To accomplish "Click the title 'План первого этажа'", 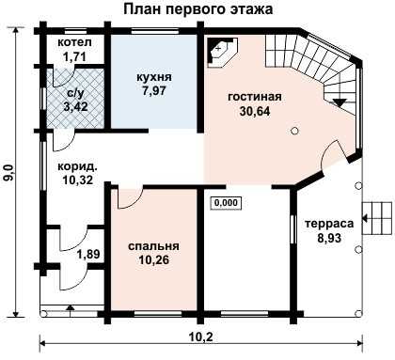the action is pos(197,9).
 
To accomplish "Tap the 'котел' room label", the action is pos(74,42).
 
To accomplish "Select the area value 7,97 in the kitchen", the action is pos(154,91).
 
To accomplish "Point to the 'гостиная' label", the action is pos(255,97).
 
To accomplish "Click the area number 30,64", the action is pos(255,111).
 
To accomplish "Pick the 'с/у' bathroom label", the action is pos(76,93).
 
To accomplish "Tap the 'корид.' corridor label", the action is pos(77,166).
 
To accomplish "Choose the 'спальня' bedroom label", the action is pos(153,246).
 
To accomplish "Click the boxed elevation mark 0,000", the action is pos(226,203).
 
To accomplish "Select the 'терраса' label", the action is pos(329,224).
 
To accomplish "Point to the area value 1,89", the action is pos(88,254).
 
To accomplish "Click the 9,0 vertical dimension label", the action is pos(8,173).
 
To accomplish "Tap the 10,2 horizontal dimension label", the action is pos(201,337).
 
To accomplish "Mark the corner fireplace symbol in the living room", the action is pos(223,53).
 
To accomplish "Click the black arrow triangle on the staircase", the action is pos(340,103).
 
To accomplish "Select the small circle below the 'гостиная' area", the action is pos(294,131).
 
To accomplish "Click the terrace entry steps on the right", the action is pos(377,218).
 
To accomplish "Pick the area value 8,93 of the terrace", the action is pos(329,238).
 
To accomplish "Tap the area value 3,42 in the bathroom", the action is pos(75,107).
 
